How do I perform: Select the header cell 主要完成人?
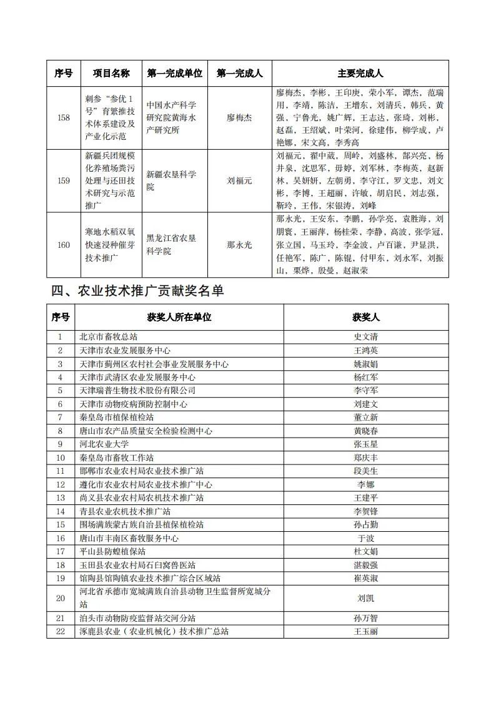coord(360,73)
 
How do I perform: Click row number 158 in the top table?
coord(64,117)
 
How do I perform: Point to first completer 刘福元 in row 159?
coord(239,180)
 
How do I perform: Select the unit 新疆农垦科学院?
coord(171,180)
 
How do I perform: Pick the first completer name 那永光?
coord(239,245)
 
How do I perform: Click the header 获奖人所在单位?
coord(179,317)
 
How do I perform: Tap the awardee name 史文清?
coord(366,337)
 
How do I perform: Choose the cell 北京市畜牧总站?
coord(108,337)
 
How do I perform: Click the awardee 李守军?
coord(366,390)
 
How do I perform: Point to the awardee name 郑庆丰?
coord(366,458)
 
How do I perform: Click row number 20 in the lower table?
coord(61,598)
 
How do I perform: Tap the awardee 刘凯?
coord(366,598)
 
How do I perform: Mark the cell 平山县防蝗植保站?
coord(112,551)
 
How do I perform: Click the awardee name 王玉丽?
coord(366,631)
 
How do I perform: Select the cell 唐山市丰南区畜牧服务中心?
coord(129,538)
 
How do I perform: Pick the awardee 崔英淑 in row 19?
coord(366,578)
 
